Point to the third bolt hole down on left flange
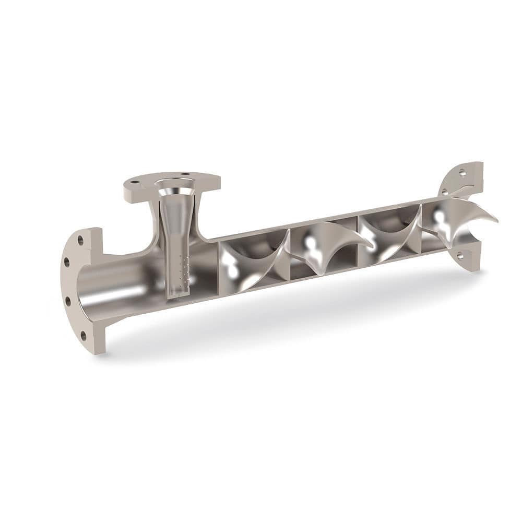click(68, 301)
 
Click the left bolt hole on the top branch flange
click(135, 183)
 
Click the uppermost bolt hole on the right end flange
click(462, 171)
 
